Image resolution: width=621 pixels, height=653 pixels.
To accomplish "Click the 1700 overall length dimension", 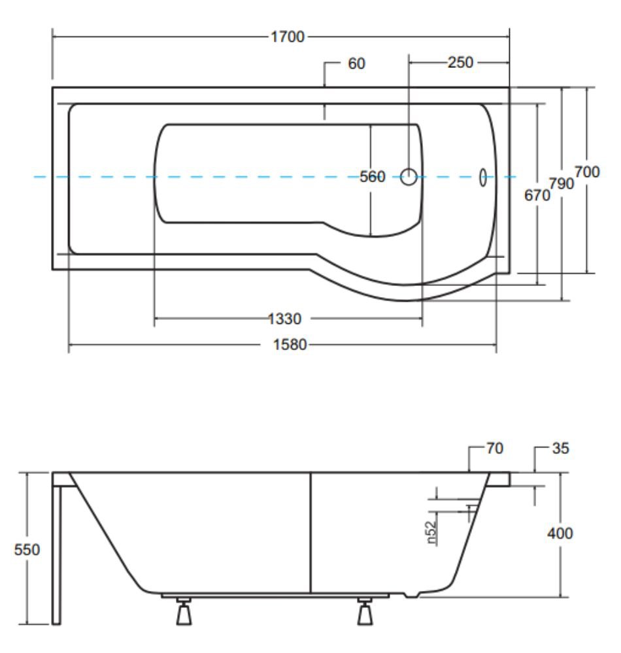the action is point(288,37).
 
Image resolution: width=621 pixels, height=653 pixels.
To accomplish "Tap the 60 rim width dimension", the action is point(356,63).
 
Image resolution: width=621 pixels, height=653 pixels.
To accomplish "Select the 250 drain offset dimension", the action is point(461,63).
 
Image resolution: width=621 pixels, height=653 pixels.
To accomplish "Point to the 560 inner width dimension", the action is point(372,176).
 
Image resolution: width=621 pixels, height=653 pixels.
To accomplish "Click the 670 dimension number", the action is point(537,195).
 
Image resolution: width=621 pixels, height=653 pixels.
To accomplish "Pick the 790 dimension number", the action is point(561,183).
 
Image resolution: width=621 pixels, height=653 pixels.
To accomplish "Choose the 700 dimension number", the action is point(587,172).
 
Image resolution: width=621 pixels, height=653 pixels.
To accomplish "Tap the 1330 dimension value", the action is point(284,319).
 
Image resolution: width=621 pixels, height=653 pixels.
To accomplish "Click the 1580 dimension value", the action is point(290,345).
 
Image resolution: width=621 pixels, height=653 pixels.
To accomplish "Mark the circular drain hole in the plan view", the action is point(409,176).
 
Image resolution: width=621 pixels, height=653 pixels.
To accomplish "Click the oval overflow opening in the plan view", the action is point(482,178).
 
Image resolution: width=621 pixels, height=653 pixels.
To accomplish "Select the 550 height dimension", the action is point(27,550).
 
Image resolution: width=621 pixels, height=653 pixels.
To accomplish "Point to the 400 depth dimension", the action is point(560,533).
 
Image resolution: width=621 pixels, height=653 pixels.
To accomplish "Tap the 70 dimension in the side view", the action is point(495,448).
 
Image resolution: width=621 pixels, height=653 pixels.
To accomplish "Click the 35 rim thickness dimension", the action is point(560,448).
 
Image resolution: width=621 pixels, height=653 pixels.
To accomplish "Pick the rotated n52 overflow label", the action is point(431,533).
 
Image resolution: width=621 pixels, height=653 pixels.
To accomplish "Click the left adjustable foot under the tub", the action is point(184,611).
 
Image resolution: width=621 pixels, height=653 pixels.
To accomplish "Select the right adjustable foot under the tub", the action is point(365,611).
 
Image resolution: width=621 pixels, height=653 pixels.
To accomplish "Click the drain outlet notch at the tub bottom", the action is point(411,595).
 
